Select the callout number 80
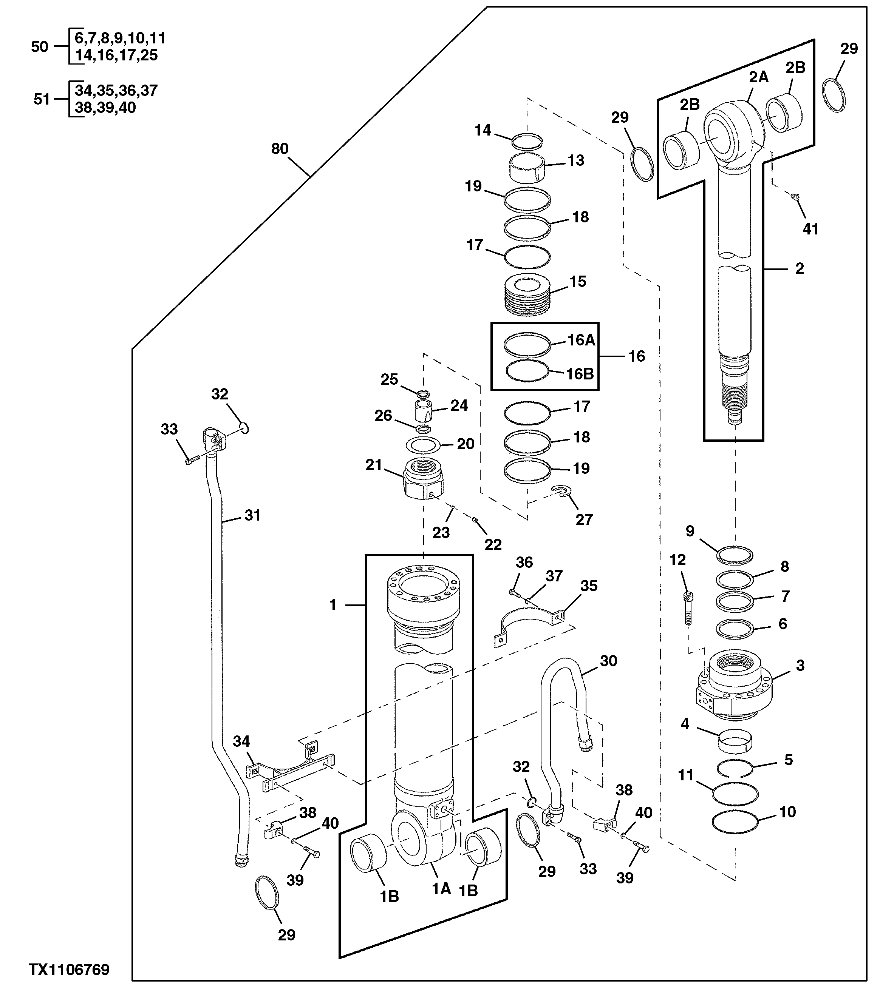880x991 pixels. click(x=280, y=149)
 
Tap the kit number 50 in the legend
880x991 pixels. click(x=40, y=47)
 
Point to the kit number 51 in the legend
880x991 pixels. click(x=42, y=99)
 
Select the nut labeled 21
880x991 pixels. click(x=424, y=479)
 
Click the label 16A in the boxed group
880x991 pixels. click(x=581, y=341)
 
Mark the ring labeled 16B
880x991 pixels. click(x=527, y=372)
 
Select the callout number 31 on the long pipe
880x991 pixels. click(x=252, y=515)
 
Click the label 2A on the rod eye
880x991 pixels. click(x=758, y=77)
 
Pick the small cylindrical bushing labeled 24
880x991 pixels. click(x=422, y=411)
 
